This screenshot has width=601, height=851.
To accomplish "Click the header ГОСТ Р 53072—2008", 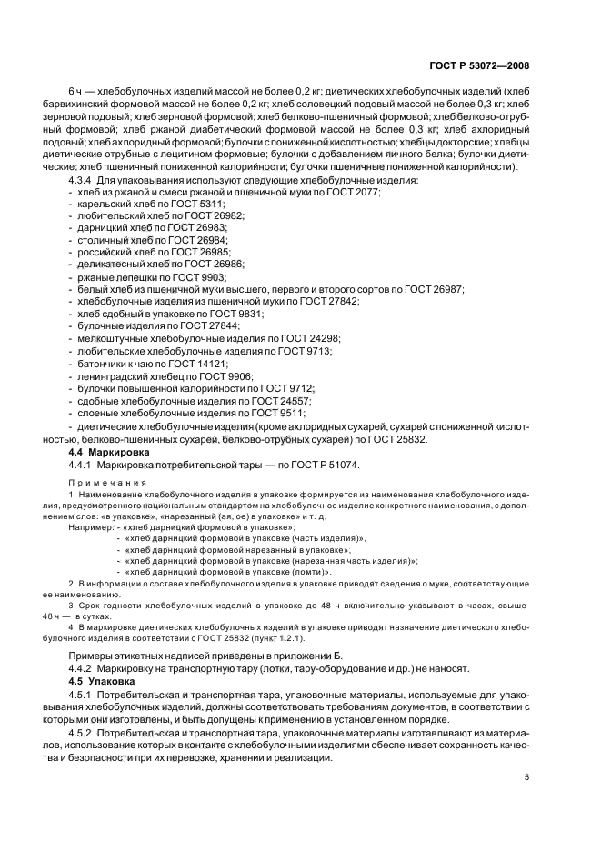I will (x=478, y=66).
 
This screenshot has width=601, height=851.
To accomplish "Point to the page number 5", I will (x=526, y=778).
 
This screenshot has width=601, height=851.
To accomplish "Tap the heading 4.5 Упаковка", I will (x=102, y=680).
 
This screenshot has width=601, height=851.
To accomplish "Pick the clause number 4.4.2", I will (x=84, y=666).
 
